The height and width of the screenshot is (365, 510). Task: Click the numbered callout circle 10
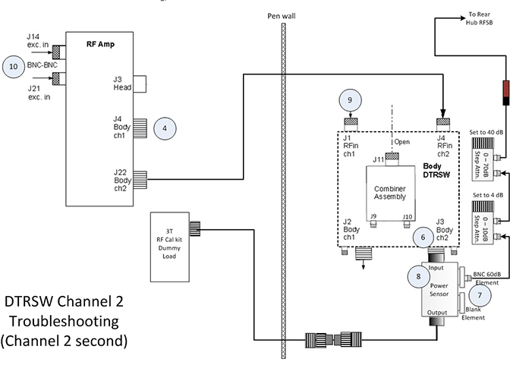pyautogui.click(x=13, y=66)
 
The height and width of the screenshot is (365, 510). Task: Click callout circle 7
pyautogui.click(x=478, y=294)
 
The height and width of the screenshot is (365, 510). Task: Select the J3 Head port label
pyautogui.click(x=122, y=82)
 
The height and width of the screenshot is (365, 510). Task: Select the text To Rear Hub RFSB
pyautogui.click(x=481, y=19)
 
